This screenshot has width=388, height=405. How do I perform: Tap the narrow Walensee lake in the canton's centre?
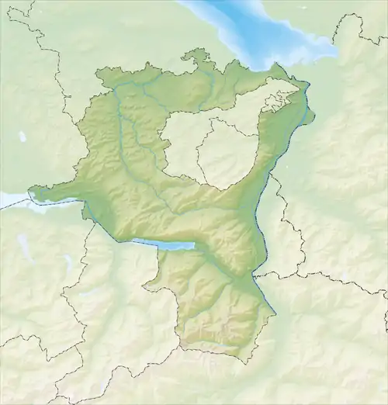163,245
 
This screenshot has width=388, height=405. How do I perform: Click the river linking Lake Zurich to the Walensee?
101,225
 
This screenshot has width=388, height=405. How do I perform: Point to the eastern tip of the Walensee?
193,247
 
